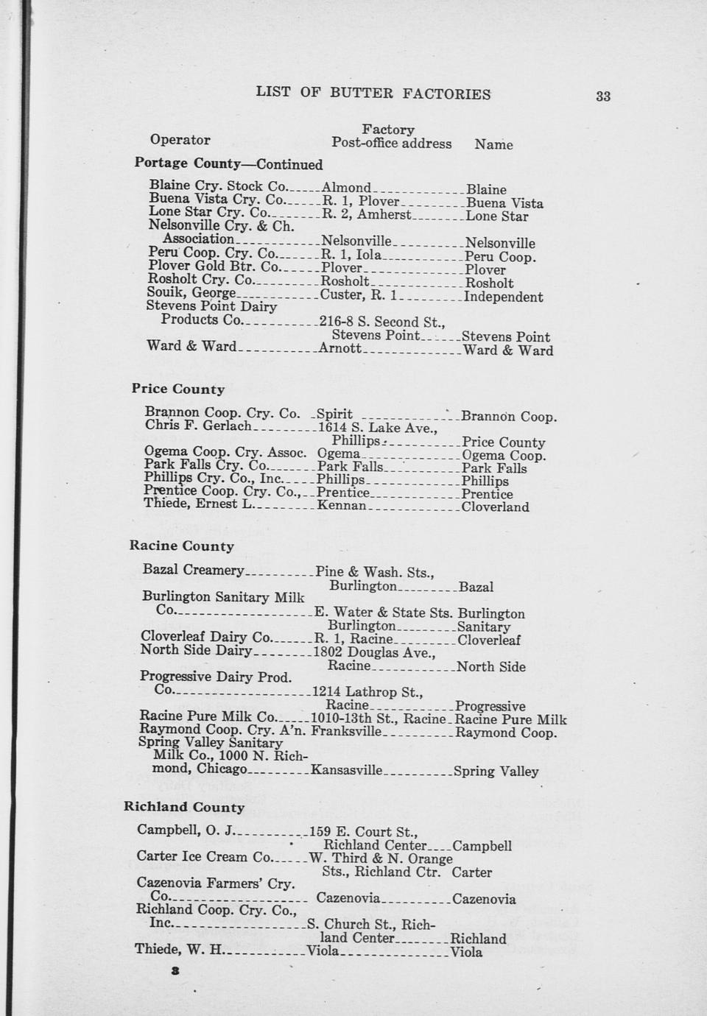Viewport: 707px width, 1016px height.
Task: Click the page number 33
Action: pos(603,96)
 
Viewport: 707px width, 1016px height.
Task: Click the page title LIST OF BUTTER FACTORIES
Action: pos(373,94)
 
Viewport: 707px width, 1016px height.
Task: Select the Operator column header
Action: pos(180,140)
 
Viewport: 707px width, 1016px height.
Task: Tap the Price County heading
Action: pos(178,389)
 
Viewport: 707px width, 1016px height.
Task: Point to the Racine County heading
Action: pos(182,546)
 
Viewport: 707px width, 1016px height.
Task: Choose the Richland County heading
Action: pos(184,807)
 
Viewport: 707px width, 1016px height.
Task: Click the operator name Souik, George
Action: pos(191,293)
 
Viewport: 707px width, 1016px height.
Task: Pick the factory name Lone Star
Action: pos(497,216)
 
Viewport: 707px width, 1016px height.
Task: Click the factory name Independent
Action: pos(504,297)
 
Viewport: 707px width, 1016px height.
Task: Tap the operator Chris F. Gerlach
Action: pos(198,426)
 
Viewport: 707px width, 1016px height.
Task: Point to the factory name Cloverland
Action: pos(495,507)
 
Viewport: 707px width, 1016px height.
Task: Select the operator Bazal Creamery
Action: pos(193,570)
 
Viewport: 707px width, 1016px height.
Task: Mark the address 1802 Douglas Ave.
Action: pos(374,652)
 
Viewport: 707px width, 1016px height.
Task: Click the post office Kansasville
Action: pos(347,771)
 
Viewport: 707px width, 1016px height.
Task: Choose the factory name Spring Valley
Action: pos(496,772)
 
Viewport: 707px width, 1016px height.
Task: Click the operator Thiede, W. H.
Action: pos(179,949)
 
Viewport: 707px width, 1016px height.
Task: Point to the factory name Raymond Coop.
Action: pos(506,733)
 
